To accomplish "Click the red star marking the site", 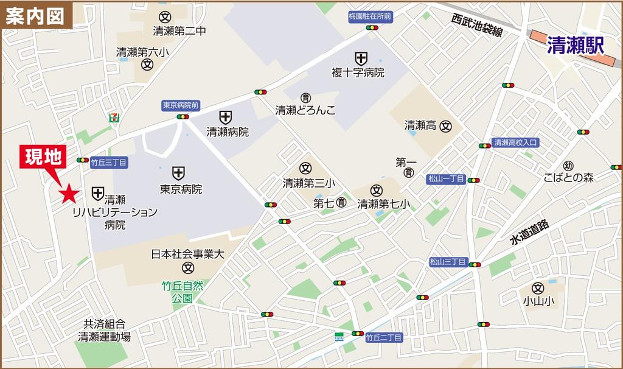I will pos(69,194).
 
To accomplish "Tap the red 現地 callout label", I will pos(43,158).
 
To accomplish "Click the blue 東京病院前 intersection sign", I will pos(181,105).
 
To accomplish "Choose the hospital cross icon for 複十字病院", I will pos(361,58).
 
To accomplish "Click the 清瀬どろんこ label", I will pos(305,111).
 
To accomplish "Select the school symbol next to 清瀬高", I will pos(446,126).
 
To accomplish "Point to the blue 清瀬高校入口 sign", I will pos(515,142).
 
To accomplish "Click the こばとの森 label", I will pos(569,177).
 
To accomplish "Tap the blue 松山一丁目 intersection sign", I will pos(447,179).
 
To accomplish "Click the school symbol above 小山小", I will pos(537,287).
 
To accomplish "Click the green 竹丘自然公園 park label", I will pos(182,292).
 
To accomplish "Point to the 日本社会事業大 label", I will pos(188,254).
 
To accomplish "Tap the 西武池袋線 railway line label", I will pos(477,26).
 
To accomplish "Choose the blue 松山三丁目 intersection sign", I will pos(448,262).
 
